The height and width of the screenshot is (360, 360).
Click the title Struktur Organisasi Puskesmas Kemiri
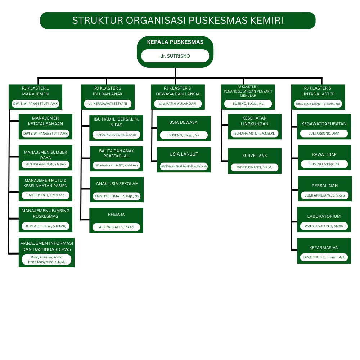177,21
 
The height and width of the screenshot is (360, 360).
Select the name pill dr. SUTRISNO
175,56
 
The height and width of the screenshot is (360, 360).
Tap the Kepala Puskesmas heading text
175,42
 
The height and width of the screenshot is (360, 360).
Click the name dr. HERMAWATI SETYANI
107,104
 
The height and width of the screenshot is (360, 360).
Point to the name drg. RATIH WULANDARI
177,104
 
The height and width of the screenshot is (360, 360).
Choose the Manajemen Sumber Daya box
45,155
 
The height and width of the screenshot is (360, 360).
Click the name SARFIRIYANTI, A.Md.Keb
45,195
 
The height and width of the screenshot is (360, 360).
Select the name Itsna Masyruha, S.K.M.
46,262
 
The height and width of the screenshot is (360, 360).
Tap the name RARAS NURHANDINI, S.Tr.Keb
116,135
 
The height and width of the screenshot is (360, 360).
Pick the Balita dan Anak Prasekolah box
116,153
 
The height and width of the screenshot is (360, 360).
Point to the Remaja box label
116,215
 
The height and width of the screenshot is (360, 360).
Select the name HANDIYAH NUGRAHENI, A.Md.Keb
184,166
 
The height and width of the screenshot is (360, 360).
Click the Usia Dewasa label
184,122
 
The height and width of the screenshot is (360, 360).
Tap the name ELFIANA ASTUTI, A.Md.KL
255,133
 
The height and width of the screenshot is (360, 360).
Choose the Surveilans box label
255,156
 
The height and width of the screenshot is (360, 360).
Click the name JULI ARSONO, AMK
324,133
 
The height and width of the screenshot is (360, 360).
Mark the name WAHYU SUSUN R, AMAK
324,226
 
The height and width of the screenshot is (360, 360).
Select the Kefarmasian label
324,248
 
